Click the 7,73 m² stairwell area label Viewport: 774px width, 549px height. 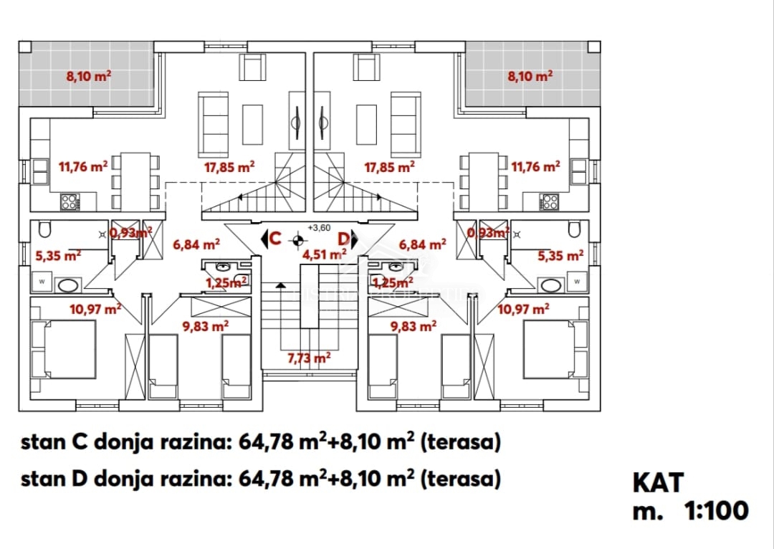tap(310, 358)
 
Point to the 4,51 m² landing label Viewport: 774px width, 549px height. tap(325, 253)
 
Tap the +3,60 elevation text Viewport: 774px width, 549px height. tap(318, 228)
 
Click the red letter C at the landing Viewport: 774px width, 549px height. tap(274, 239)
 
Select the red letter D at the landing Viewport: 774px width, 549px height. tap(344, 239)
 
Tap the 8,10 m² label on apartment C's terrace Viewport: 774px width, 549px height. tap(88, 76)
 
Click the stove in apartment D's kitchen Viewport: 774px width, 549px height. tap(550, 202)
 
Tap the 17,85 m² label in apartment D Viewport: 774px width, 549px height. tap(389, 167)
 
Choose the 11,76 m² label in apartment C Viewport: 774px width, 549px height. tap(82, 167)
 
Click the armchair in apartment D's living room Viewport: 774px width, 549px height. tap(368, 68)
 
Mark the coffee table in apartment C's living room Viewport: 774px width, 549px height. tap(253, 124)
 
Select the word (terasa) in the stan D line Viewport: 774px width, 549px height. tap(459, 479)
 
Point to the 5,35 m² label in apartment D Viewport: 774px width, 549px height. tap(561, 254)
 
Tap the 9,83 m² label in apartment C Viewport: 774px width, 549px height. tap(206, 325)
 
